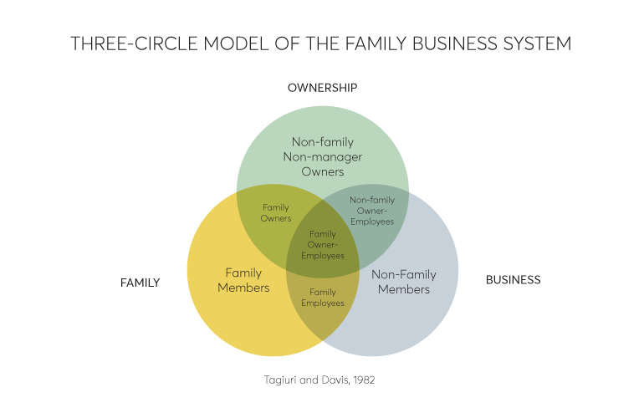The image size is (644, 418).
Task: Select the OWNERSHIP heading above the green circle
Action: [x=322, y=87]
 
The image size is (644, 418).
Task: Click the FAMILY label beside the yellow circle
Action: [x=140, y=283]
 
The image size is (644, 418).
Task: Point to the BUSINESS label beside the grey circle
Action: [x=513, y=280]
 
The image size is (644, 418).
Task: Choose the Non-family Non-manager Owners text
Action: [x=322, y=157]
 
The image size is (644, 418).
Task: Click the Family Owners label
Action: [x=276, y=212]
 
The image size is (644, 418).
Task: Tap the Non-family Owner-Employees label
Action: [x=372, y=211]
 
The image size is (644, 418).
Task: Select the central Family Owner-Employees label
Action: [x=323, y=244]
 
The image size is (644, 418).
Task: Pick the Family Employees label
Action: [x=323, y=298]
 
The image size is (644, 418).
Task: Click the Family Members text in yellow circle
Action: [x=243, y=280]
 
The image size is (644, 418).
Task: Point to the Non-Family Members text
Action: [x=403, y=282]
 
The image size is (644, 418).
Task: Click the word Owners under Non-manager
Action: [x=322, y=172]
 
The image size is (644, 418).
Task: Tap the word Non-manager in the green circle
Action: [x=322, y=157]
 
